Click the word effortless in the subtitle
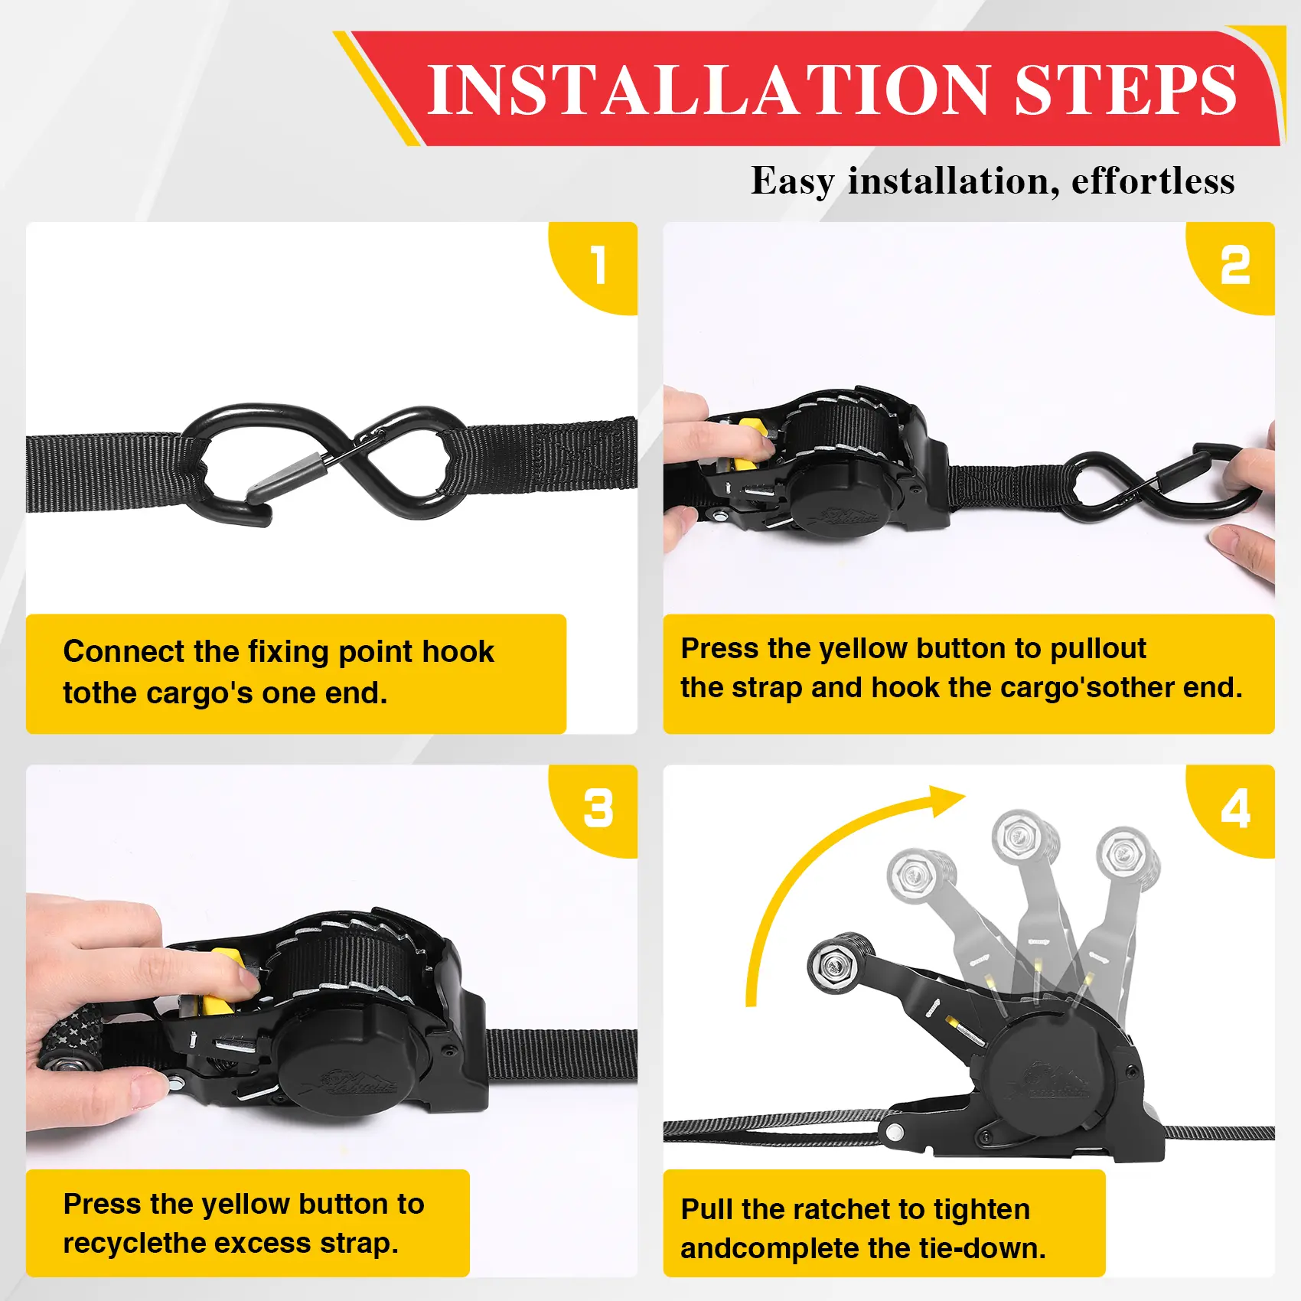[x=1153, y=181]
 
